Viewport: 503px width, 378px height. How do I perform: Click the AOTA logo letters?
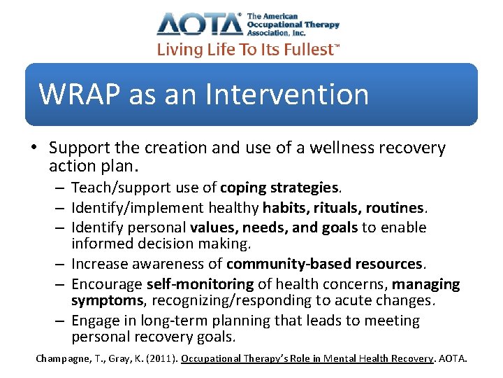pyautogui.click(x=200, y=24)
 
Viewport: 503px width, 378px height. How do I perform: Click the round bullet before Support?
pyautogui.click(x=34, y=148)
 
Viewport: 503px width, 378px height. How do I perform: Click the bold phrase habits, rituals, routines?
pyautogui.click(x=343, y=208)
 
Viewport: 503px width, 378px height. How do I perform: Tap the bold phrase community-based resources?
pyautogui.click(x=325, y=264)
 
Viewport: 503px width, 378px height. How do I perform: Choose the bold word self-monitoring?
pyautogui.click(x=200, y=284)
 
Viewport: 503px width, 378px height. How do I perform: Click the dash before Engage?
pyautogui.click(x=61, y=321)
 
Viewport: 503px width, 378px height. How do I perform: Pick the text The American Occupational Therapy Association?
pyautogui.click(x=293, y=24)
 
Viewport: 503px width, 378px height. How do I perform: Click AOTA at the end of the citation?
pyautogui.click(x=455, y=358)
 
